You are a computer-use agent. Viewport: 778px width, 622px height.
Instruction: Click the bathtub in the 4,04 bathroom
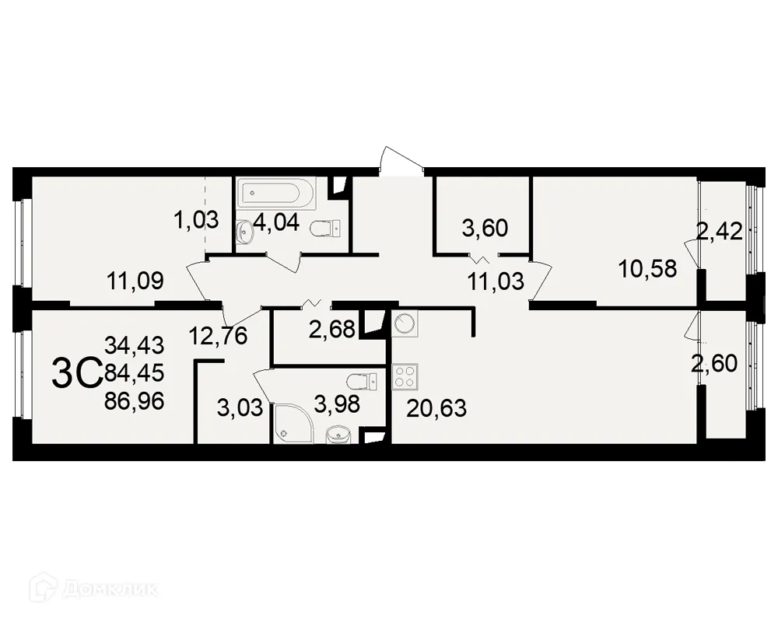[276, 194]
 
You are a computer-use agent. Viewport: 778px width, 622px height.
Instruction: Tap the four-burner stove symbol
[405, 377]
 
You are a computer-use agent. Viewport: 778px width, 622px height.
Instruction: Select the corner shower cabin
[293, 426]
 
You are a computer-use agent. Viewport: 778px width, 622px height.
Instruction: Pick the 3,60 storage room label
[484, 228]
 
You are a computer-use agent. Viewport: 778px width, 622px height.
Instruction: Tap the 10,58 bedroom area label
[647, 269]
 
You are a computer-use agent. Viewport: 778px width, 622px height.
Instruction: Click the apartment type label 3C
[76, 375]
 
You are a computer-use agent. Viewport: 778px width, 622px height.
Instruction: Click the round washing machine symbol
[405, 324]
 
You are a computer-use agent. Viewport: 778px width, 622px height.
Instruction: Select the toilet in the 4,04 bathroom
[324, 229]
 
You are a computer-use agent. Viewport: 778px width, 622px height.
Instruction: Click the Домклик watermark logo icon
[40, 588]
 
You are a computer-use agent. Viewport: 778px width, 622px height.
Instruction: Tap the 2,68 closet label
[332, 330]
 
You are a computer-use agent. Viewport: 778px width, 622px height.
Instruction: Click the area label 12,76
[218, 337]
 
